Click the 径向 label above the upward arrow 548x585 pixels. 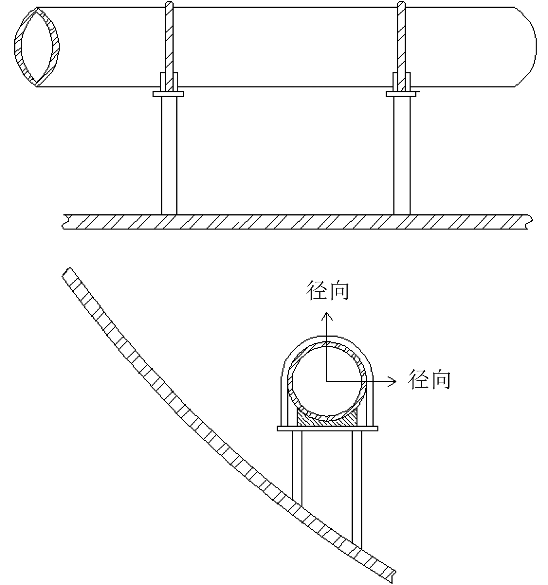[x=328, y=290]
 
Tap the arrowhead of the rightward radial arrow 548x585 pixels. [x=393, y=381]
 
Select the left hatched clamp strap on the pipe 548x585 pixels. [x=169, y=46]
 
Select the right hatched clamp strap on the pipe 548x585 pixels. [x=401, y=46]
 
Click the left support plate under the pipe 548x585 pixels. [x=168, y=94]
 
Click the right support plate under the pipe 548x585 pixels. [x=401, y=94]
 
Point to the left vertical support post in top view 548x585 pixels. [x=169, y=156]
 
